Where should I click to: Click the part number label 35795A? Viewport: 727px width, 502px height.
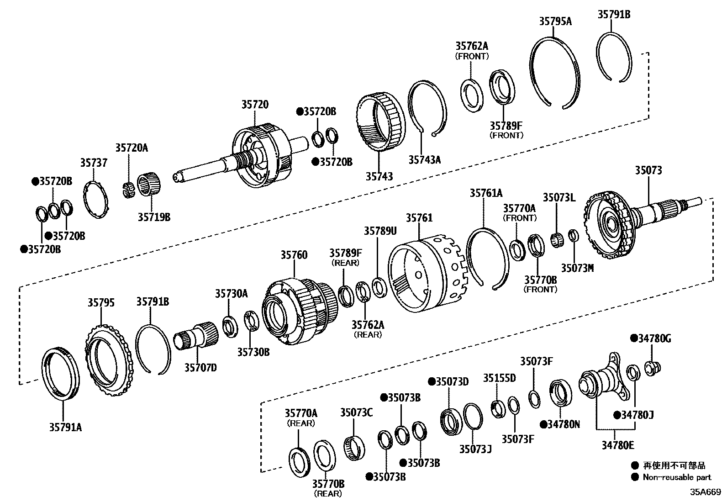(555, 21)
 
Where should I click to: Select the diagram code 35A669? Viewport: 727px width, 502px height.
(705, 492)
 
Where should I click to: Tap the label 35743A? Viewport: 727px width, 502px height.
(424, 159)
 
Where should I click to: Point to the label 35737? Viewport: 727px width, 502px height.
(94, 163)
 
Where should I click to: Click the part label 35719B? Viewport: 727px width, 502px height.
(154, 217)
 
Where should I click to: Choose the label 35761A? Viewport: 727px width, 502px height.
(486, 193)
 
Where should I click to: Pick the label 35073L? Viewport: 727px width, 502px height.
(559, 197)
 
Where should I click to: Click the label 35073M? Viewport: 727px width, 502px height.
(577, 268)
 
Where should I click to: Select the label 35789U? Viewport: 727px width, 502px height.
(380, 231)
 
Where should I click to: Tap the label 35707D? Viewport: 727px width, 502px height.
(200, 367)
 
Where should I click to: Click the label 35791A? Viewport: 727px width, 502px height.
(65, 427)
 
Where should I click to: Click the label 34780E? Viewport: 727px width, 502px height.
(617, 445)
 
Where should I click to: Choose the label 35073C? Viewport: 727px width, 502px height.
(356, 412)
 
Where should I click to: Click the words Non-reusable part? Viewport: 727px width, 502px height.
(677, 477)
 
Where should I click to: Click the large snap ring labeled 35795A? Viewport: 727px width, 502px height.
(555, 73)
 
